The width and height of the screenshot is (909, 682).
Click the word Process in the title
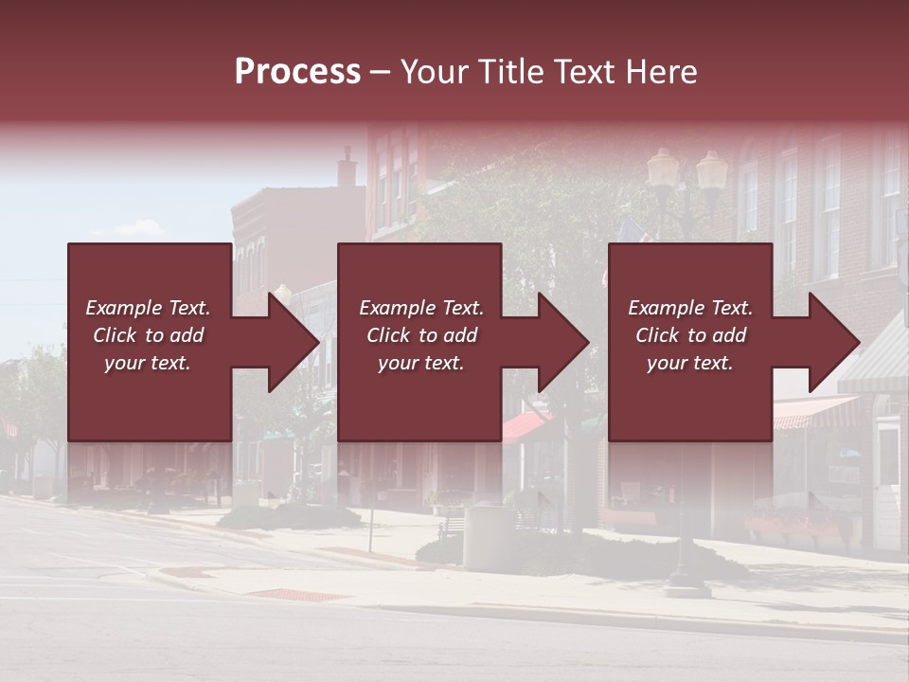point(297,72)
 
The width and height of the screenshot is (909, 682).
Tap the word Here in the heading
point(663,72)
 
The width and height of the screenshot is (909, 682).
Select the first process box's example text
point(148,335)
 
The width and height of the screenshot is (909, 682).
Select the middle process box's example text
point(421,335)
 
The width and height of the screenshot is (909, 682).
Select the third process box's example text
point(690,335)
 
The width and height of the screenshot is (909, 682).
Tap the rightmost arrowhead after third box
point(832,342)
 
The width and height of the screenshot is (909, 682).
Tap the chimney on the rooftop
point(348,168)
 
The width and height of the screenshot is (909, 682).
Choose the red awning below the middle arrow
point(524,426)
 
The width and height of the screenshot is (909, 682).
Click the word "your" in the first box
point(123,363)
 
